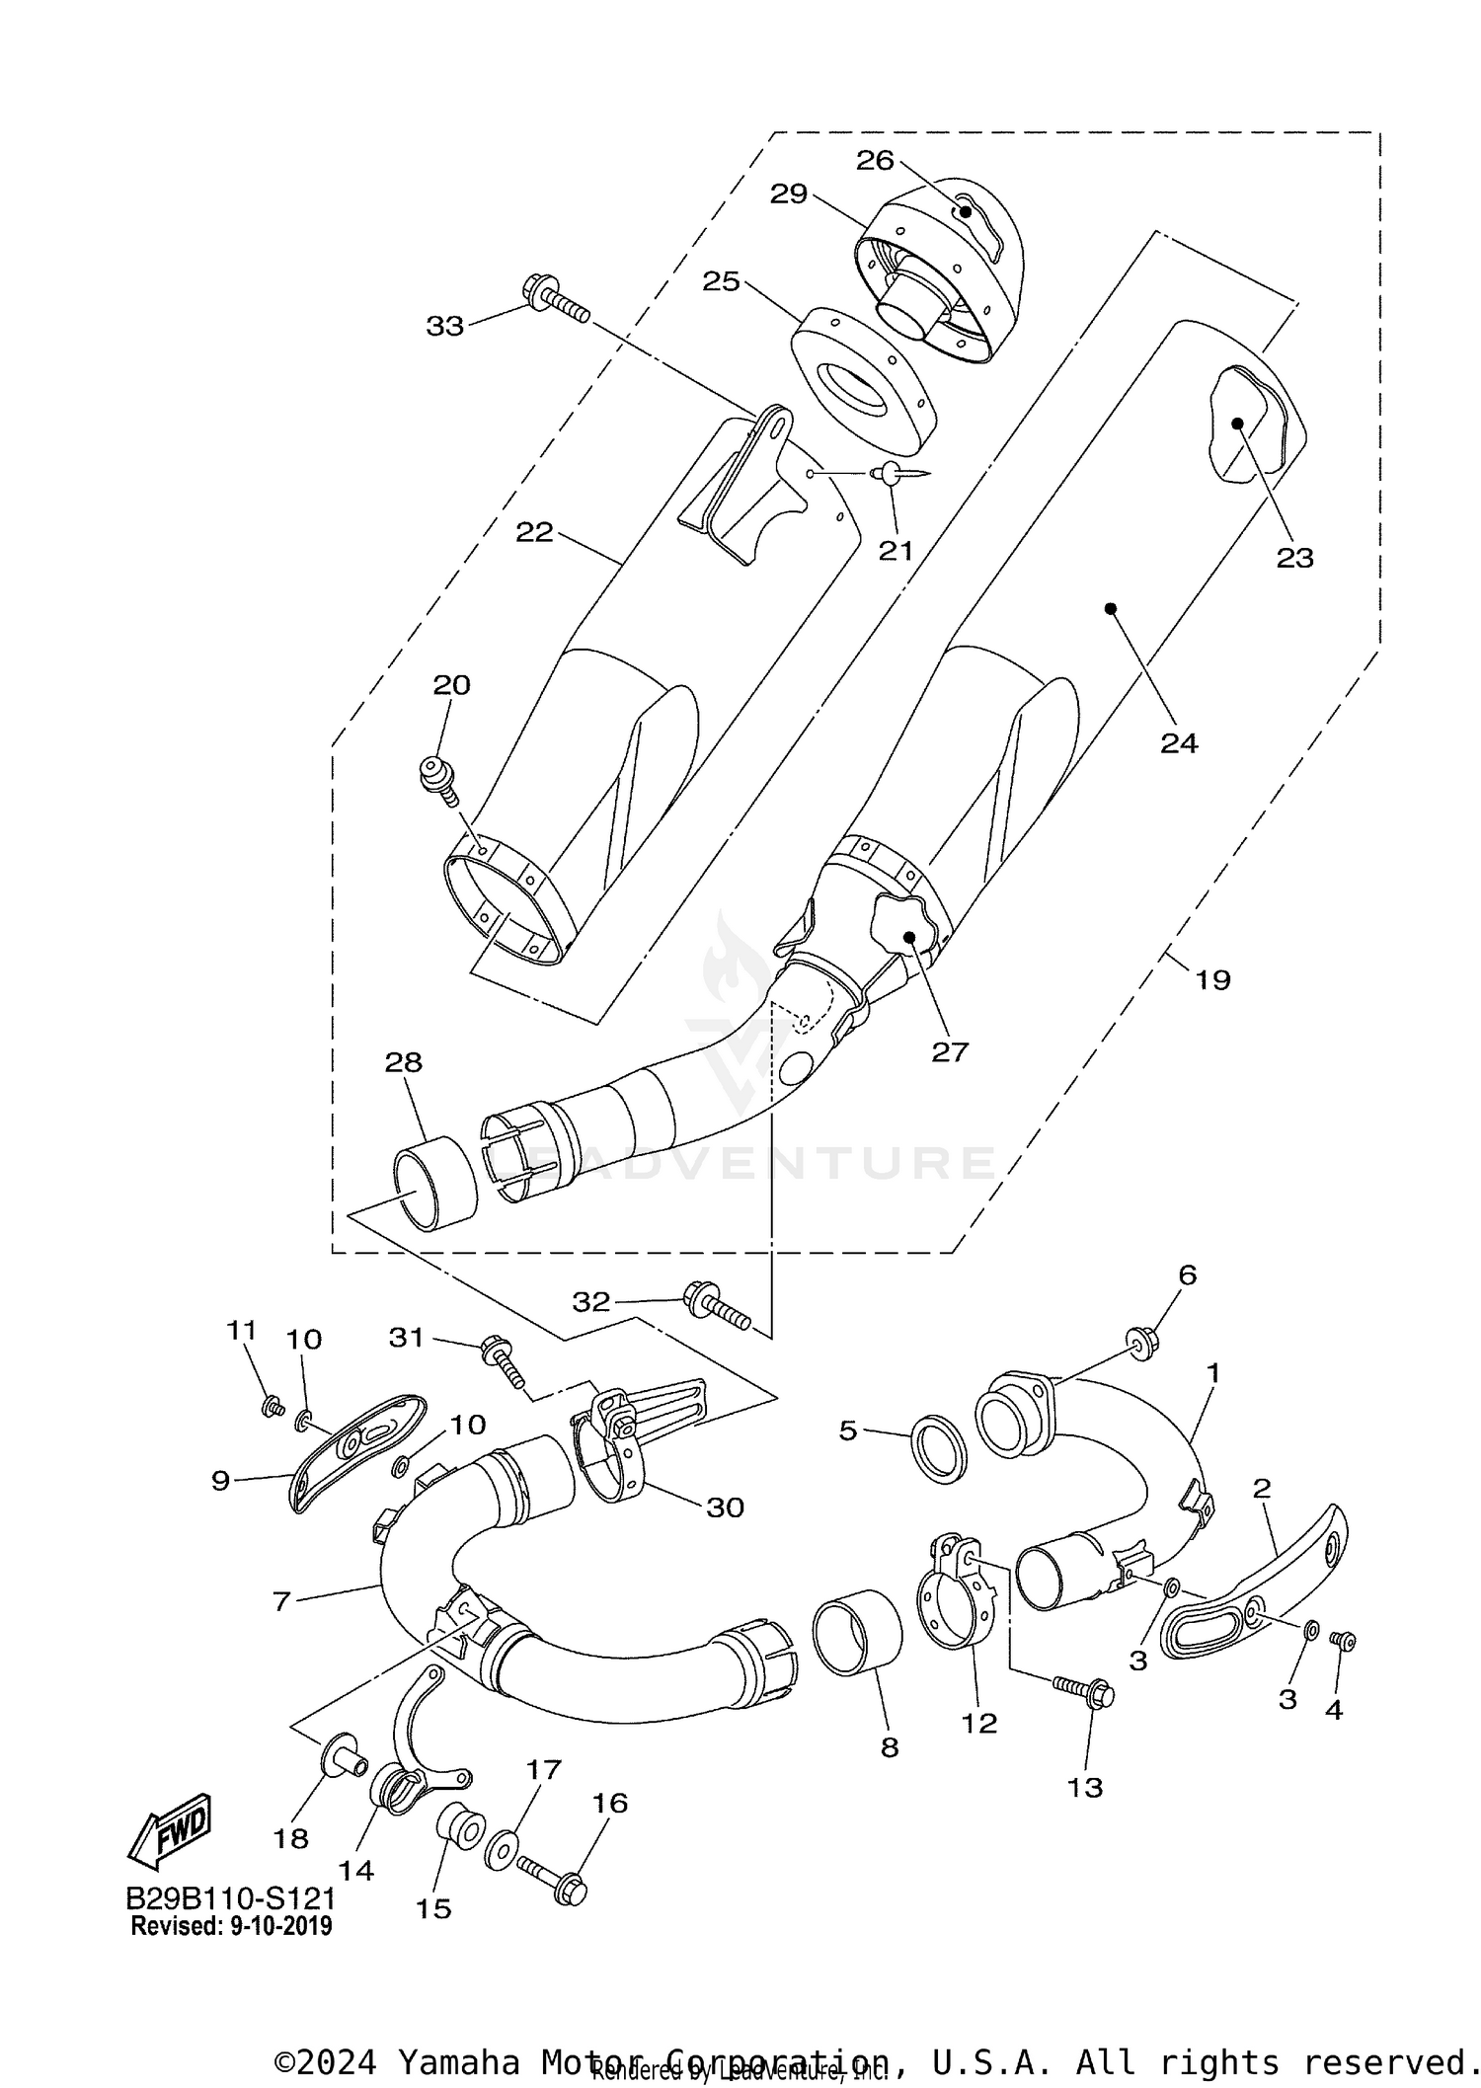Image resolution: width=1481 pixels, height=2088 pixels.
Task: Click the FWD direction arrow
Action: (170, 1831)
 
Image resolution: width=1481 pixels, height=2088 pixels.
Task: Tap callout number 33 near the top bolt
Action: (444, 326)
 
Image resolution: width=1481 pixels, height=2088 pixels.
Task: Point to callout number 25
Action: (721, 281)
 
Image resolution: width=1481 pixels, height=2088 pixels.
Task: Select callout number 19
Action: (1212, 980)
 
